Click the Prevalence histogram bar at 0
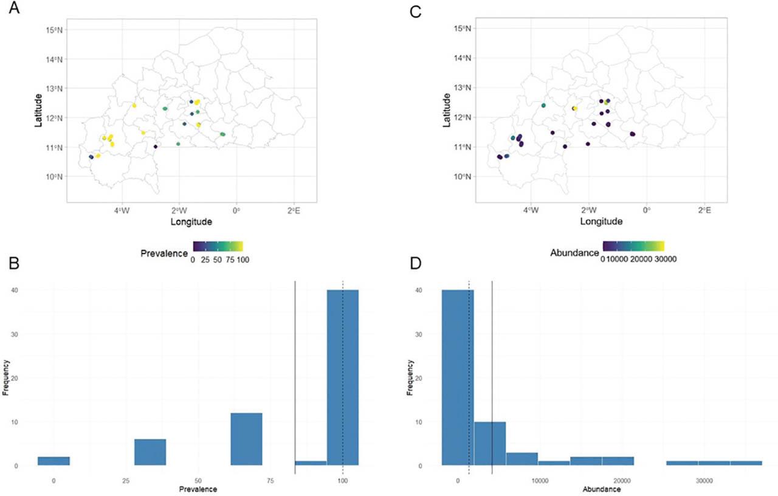[53, 461]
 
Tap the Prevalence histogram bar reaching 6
[150, 452]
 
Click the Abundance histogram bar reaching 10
[490, 444]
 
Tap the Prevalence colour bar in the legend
[218, 246]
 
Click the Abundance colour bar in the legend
[633, 246]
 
